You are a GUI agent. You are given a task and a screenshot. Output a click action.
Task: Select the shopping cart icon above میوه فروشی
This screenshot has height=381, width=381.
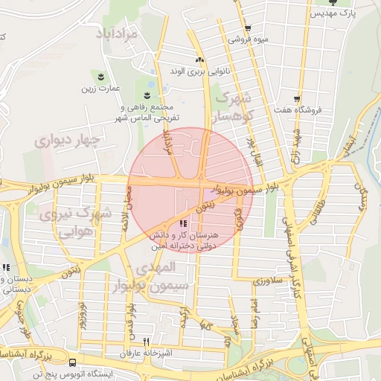point(247,28)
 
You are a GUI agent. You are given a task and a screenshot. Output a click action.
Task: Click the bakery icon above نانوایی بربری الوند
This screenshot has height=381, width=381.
point(199,60)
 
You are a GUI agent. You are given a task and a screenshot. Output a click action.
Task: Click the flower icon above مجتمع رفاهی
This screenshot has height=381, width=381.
point(147,95)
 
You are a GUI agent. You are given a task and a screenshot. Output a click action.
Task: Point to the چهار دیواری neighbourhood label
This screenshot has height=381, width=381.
point(65,139)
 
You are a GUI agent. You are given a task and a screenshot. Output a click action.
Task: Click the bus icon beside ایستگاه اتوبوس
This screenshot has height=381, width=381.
point(73,363)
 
